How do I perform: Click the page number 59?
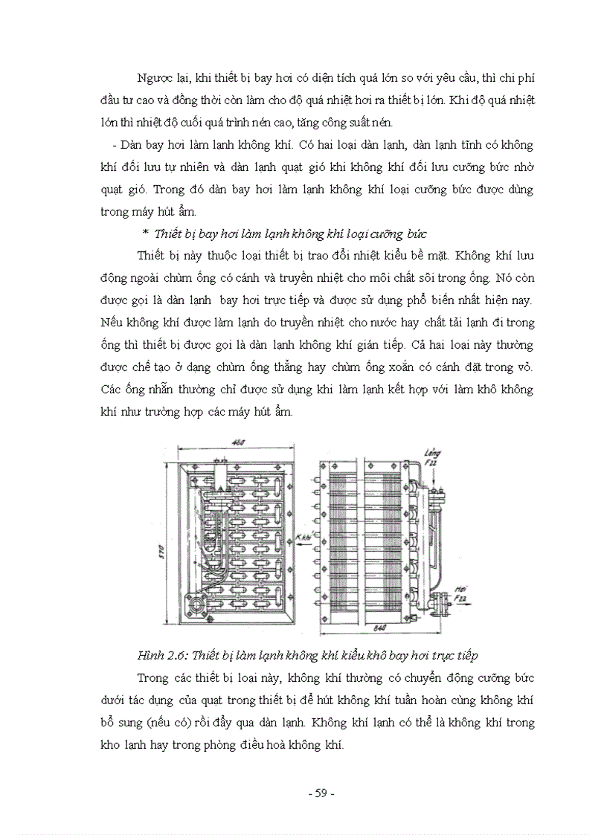(x=321, y=793)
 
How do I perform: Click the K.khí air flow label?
(x=303, y=536)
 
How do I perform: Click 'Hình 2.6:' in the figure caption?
(x=164, y=655)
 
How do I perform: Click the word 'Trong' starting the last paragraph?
(x=153, y=677)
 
